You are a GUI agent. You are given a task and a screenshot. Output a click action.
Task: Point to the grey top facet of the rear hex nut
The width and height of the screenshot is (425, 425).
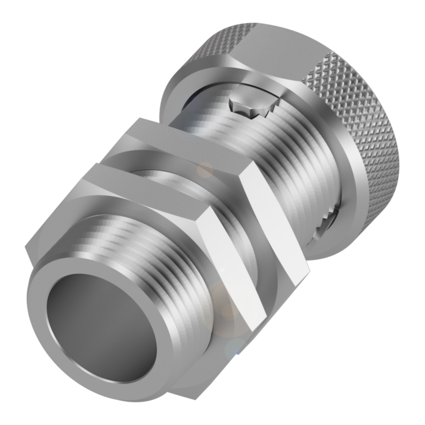186,139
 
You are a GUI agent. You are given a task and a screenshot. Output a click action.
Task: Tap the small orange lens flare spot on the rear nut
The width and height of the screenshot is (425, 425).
205,169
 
